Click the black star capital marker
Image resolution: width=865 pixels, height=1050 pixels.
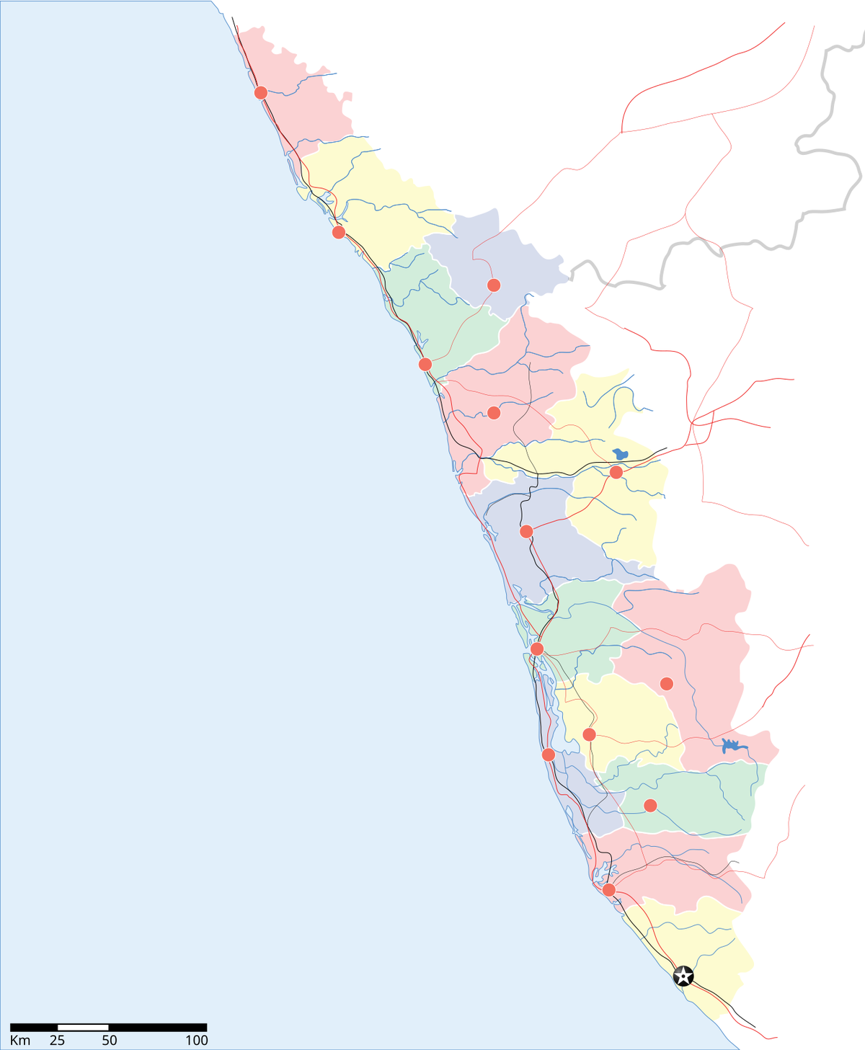pos(683,976)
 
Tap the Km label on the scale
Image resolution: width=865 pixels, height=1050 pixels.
pos(20,1041)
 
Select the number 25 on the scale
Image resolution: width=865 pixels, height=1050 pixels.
pos(57,1041)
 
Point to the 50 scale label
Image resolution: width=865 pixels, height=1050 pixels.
pos(109,1041)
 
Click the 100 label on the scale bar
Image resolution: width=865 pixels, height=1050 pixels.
pos(196,1041)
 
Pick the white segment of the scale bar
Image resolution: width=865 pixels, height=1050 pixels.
pos(83,1027)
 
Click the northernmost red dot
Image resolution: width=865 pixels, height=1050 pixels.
pos(261,93)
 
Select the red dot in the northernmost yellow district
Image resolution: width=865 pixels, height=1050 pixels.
pos(339,232)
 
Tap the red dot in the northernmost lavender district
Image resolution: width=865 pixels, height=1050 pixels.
pos(494,285)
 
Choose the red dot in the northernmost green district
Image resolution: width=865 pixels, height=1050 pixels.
pos(425,364)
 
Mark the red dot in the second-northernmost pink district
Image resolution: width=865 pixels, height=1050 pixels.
pos(494,413)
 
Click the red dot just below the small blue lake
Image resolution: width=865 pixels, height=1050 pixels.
pos(616,472)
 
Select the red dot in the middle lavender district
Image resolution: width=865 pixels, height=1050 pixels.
pos(526,532)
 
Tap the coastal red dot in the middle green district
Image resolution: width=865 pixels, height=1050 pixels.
pos(537,649)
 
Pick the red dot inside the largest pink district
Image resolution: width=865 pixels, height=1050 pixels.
pos(667,683)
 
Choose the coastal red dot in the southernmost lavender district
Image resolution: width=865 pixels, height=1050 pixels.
pos(548,755)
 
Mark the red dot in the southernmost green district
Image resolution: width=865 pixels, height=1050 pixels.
pos(650,805)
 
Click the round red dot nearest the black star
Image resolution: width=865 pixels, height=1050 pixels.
pos(609,889)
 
